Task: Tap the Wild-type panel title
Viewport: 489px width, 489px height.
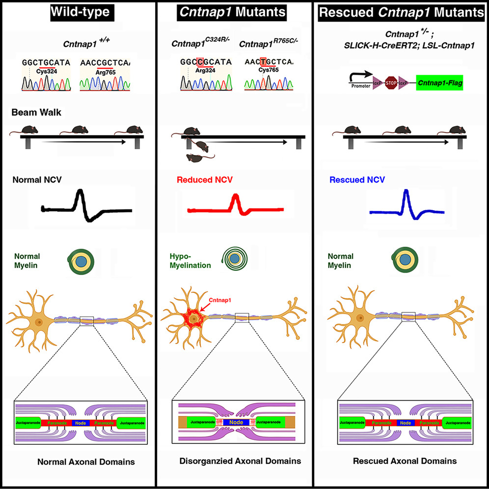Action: [81, 13]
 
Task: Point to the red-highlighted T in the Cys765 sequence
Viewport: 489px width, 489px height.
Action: [263, 62]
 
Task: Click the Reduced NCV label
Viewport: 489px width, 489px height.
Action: [210, 180]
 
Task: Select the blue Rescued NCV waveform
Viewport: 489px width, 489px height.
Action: [407, 206]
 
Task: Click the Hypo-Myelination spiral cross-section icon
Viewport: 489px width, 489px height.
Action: [233, 257]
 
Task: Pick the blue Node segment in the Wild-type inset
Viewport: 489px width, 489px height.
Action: [81, 422]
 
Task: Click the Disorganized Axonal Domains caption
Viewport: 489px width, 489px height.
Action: [238, 461]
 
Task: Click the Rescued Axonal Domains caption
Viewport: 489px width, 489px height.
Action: [405, 461]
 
